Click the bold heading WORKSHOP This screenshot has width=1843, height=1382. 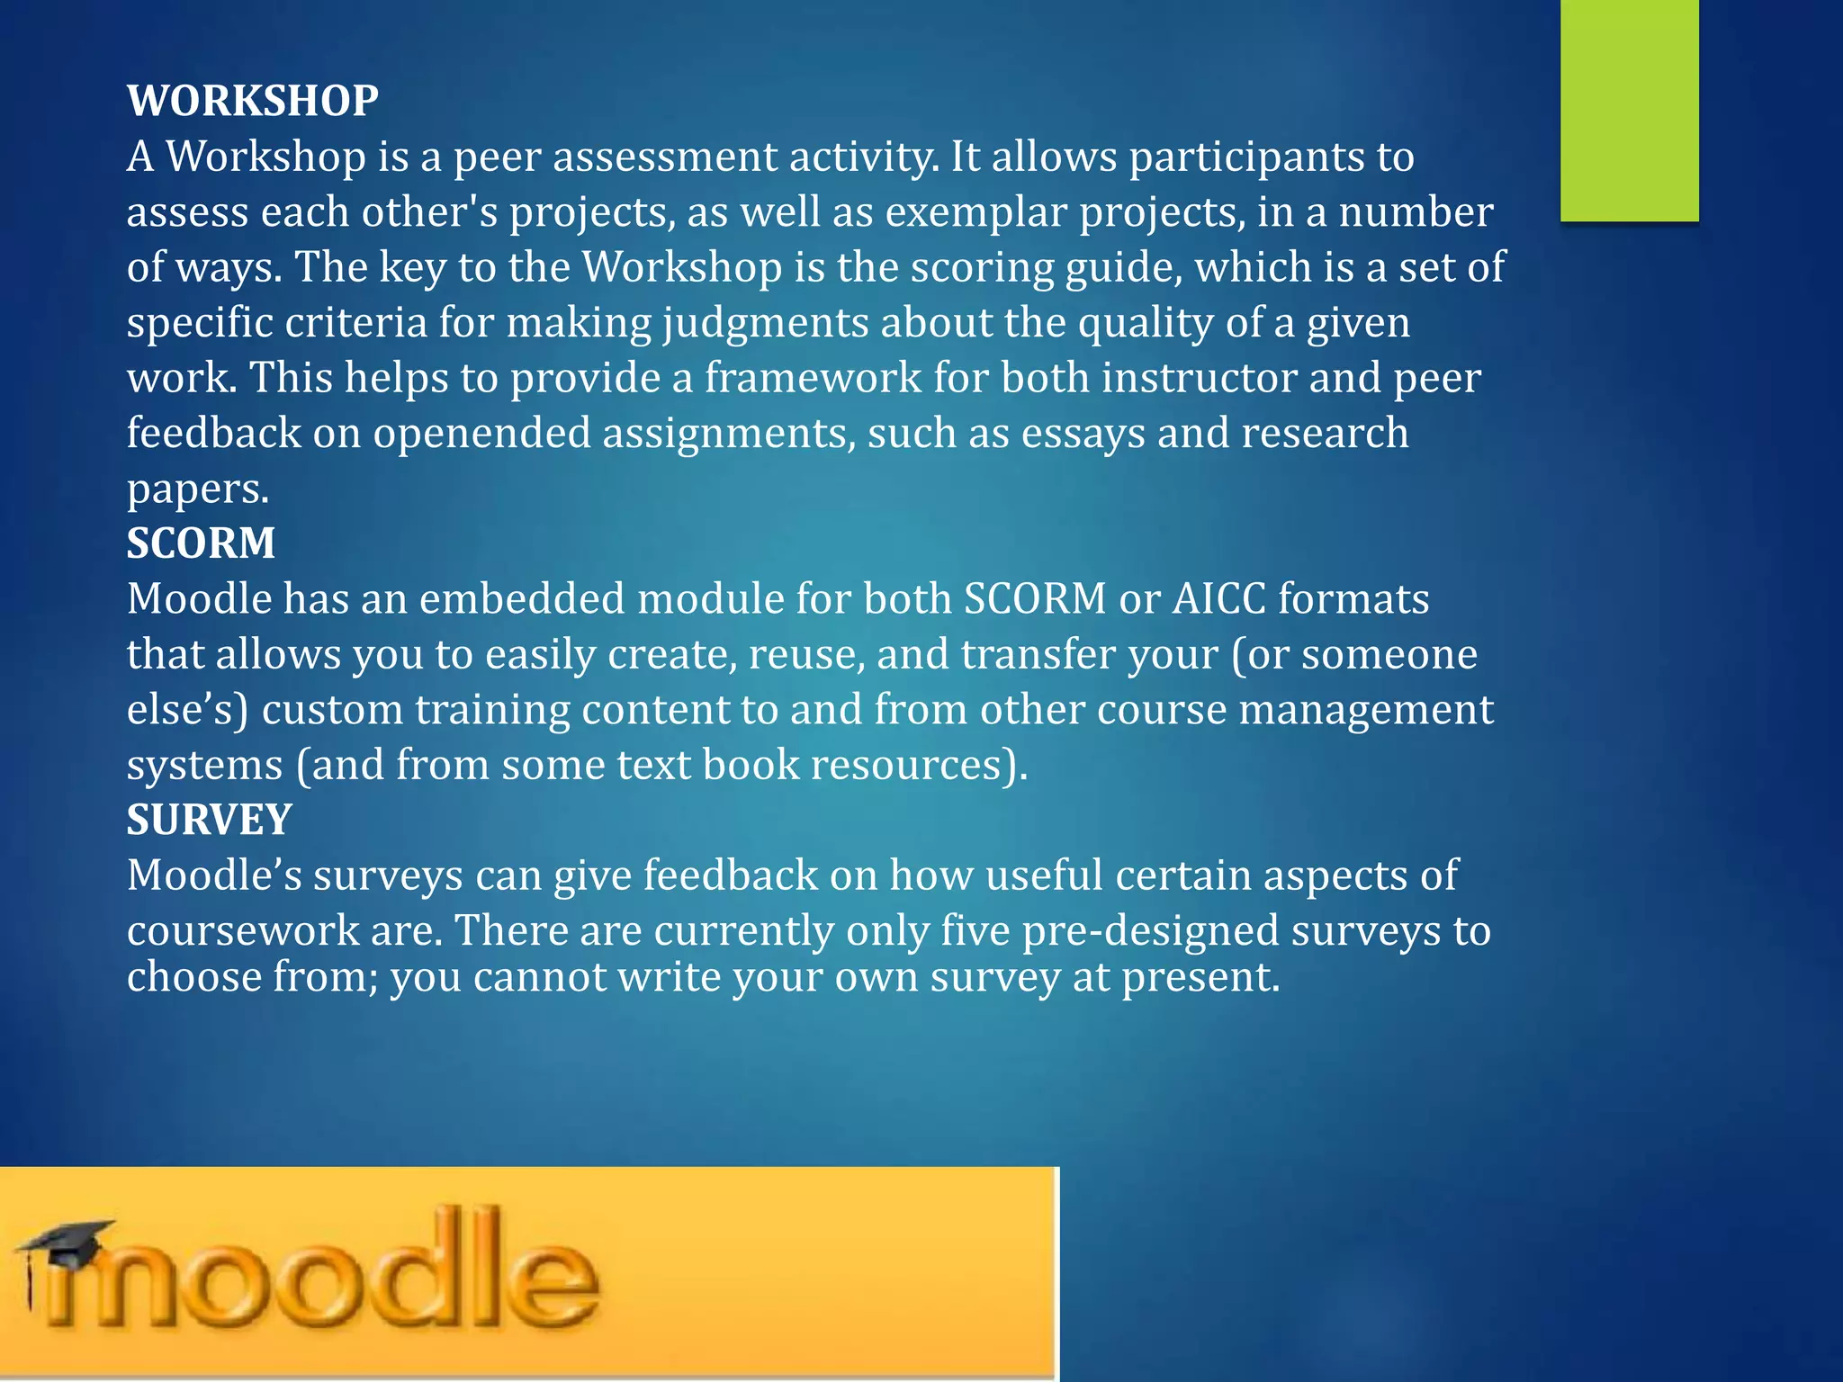click(253, 100)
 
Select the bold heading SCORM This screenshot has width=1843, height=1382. click(201, 543)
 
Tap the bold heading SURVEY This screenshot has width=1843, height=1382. click(209, 820)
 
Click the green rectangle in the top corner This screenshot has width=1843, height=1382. click(1630, 110)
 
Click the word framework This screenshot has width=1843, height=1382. click(813, 378)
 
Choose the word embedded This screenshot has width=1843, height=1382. click(522, 599)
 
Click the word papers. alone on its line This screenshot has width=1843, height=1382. click(198, 489)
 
